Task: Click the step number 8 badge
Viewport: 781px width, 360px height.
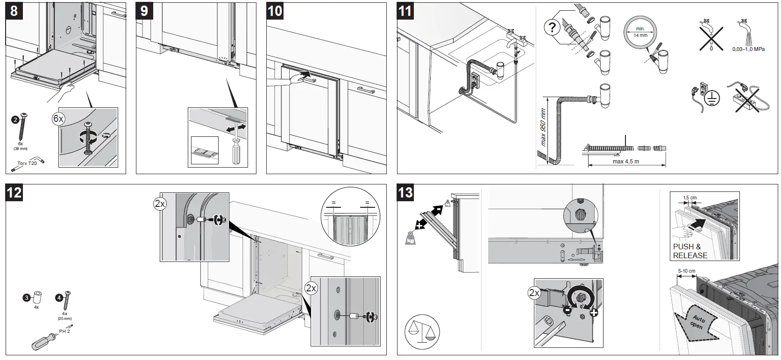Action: [x=14, y=11]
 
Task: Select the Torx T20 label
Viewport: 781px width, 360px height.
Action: [x=27, y=163]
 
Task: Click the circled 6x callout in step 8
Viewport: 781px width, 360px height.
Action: [x=58, y=119]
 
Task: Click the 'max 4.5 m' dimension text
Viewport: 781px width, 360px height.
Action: [x=625, y=162]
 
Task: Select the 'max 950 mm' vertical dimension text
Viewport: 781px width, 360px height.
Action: [x=543, y=127]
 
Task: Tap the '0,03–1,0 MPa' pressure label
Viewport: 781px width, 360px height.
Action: [x=749, y=49]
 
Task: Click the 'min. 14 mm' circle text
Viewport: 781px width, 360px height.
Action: [x=640, y=32]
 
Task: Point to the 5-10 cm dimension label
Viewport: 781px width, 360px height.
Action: [x=686, y=271]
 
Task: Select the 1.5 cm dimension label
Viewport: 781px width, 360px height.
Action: [x=689, y=198]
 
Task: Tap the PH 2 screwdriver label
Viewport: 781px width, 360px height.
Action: [x=64, y=331]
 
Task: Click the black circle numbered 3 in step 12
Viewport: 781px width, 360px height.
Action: [x=27, y=297]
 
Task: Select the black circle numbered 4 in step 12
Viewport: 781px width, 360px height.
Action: [x=59, y=297]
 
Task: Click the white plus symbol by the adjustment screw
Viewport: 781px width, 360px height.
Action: [x=593, y=312]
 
